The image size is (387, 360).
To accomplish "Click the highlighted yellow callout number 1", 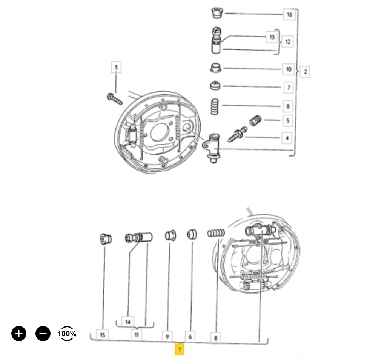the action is [180, 349].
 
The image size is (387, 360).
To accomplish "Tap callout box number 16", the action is [289, 15].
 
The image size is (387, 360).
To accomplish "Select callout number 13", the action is [272, 37].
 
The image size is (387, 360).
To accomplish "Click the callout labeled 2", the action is [305, 72].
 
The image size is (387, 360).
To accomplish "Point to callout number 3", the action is [116, 67].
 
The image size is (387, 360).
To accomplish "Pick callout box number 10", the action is [288, 69].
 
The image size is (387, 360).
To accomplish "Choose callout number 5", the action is [287, 121].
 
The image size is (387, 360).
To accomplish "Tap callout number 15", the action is [102, 335].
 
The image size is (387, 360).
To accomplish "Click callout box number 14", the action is [127, 322].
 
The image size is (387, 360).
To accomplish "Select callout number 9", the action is [167, 337].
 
